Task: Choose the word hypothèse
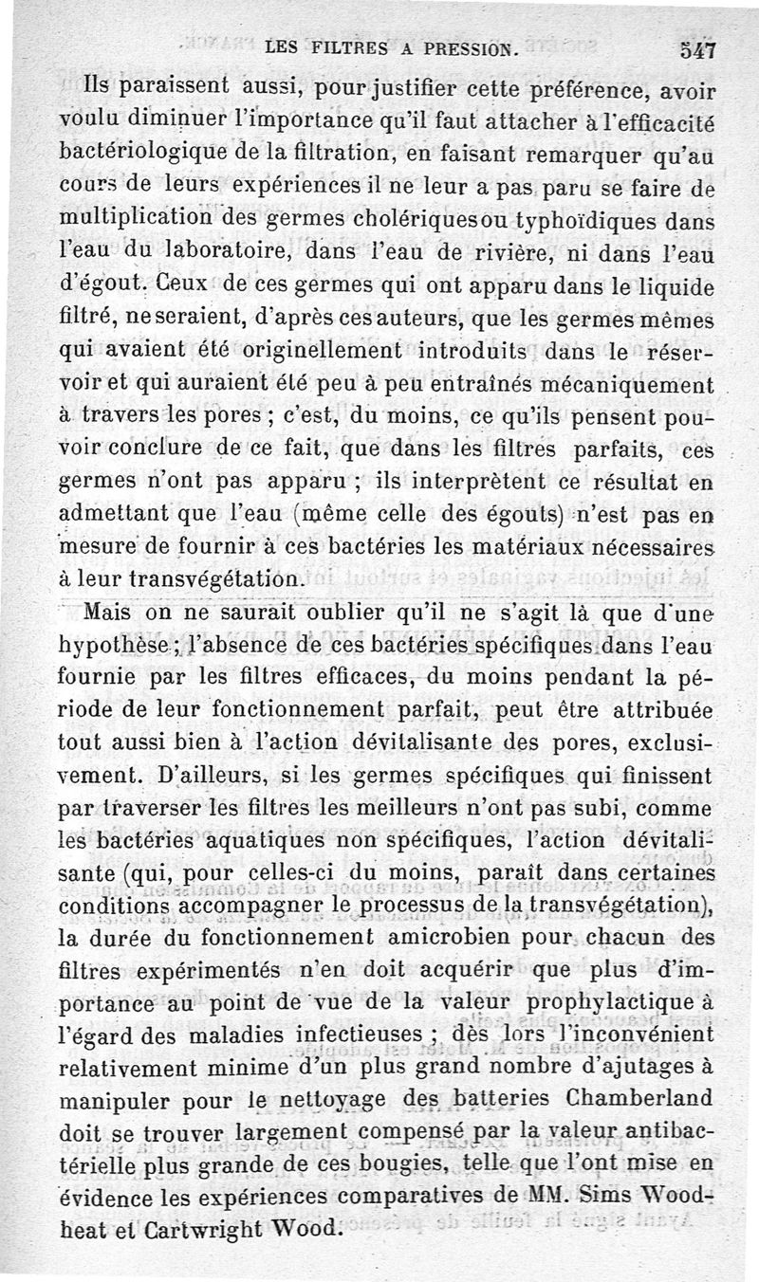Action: (x=118, y=645)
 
